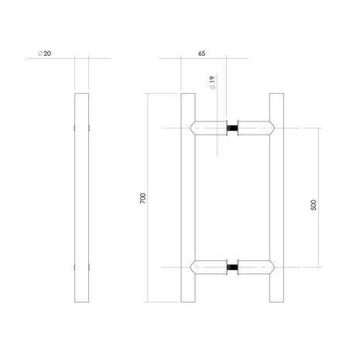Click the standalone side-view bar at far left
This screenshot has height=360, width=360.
click(82, 198)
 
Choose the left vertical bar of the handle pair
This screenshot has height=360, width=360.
click(187, 198)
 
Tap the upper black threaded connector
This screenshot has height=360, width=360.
click(230, 125)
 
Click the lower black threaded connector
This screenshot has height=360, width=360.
click(230, 268)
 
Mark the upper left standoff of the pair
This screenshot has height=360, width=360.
click(207, 125)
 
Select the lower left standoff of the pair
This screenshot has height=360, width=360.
click(207, 268)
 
